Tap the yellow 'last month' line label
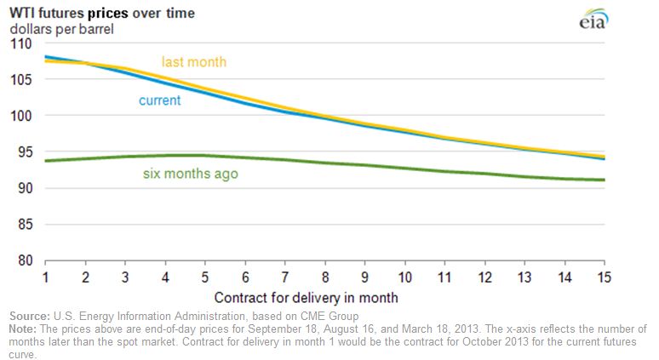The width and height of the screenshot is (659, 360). [x=194, y=62]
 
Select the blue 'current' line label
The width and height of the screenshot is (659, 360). [x=160, y=100]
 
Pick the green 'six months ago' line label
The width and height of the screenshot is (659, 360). [x=190, y=174]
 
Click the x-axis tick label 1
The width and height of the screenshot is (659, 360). [x=44, y=278]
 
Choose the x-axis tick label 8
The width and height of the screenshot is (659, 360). [x=324, y=278]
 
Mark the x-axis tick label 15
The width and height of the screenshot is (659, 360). [x=604, y=278]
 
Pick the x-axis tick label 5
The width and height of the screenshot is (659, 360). [x=204, y=278]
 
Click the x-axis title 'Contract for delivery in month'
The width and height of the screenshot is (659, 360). [x=306, y=298]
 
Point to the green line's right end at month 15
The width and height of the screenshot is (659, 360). [x=604, y=180]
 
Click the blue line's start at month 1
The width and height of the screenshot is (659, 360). [x=45, y=57]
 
